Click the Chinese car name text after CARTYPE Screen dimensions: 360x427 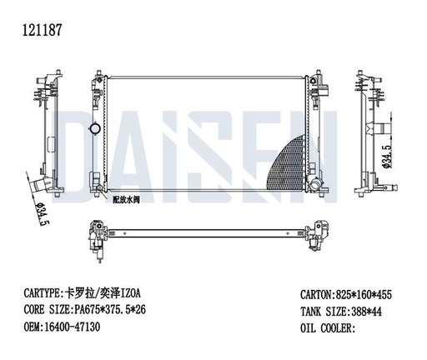[107, 293]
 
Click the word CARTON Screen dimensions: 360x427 [319, 295]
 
